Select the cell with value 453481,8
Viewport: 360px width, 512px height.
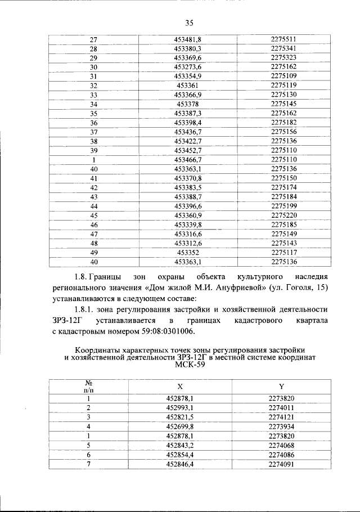coord(188,39)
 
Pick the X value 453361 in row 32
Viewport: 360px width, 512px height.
coord(188,85)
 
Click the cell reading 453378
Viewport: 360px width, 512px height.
coord(188,104)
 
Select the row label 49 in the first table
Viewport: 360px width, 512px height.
coord(94,252)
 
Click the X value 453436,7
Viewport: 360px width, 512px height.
coord(188,131)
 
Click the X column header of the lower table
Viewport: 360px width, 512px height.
coord(180,387)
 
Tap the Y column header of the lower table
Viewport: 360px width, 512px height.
coord(281,387)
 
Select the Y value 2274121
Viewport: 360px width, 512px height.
coord(281,417)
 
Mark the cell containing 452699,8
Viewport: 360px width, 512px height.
coord(180,426)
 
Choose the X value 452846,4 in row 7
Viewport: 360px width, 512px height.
coord(180,464)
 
